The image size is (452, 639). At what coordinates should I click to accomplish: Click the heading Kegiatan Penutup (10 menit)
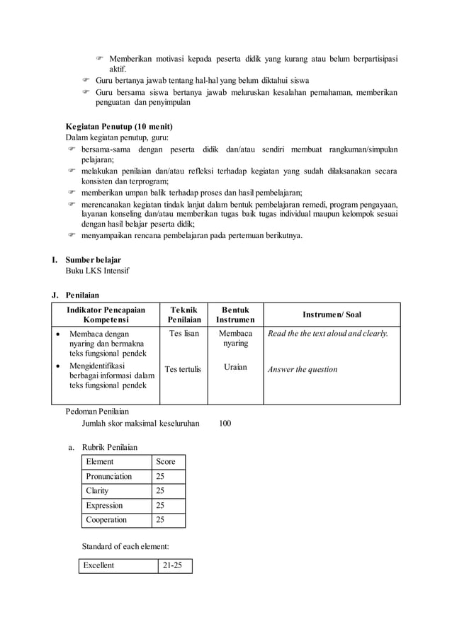click(x=119, y=126)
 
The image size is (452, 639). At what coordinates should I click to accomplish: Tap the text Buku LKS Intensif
click(x=98, y=271)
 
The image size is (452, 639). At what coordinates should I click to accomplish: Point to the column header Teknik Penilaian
click(x=183, y=315)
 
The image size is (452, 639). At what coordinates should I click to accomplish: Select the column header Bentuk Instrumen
click(x=235, y=315)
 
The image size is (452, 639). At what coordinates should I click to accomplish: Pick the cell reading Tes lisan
click(x=183, y=333)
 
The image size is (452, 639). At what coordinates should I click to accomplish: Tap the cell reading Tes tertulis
click(x=183, y=369)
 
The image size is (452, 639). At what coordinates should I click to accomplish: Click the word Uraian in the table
click(x=235, y=367)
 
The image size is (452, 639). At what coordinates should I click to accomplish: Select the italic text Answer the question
click(x=302, y=369)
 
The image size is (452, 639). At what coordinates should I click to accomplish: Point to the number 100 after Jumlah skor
click(x=225, y=424)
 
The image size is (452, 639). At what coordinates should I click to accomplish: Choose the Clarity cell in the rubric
click(x=97, y=491)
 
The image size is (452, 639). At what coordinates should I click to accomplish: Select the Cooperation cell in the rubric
click(x=106, y=520)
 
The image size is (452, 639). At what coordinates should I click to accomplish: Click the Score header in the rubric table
click(x=165, y=461)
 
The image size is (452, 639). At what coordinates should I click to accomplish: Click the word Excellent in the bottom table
click(x=99, y=565)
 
